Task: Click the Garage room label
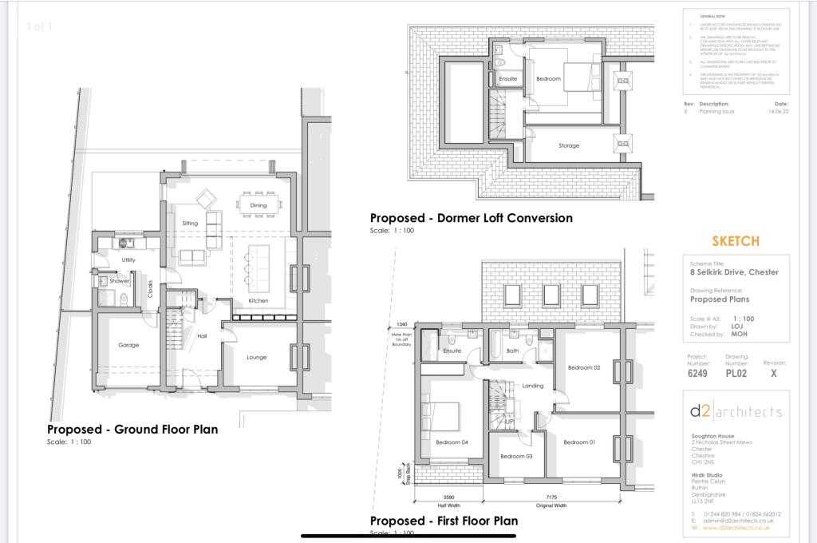click(x=128, y=345)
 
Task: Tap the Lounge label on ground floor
click(x=256, y=357)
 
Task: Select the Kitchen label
click(x=258, y=300)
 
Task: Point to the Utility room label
click(x=128, y=260)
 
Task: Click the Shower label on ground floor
click(x=120, y=280)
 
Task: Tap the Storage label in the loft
click(x=569, y=145)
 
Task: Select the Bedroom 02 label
click(x=583, y=367)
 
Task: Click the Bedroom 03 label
click(x=515, y=456)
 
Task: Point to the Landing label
click(x=532, y=386)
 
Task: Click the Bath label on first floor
click(x=512, y=351)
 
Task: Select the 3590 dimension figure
click(x=448, y=496)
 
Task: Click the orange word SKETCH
click(x=735, y=241)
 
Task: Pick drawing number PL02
click(x=736, y=373)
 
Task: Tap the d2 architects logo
click(x=736, y=411)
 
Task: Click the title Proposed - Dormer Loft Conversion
click(x=471, y=217)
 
